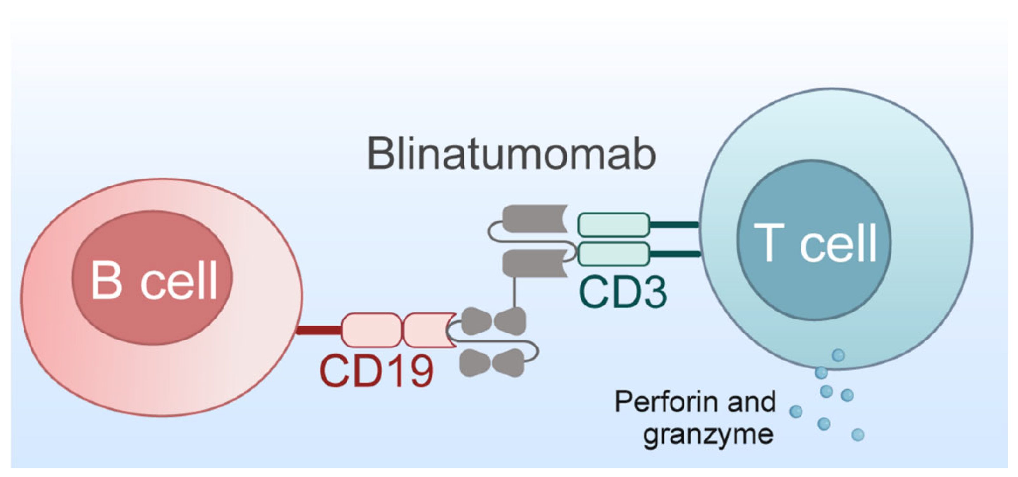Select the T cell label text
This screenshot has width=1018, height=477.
(815, 242)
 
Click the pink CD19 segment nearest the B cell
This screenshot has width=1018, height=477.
(371, 329)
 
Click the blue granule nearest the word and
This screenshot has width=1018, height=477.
(795, 411)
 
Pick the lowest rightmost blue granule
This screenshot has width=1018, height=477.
(857, 435)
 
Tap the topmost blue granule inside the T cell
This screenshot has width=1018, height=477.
(838, 355)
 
